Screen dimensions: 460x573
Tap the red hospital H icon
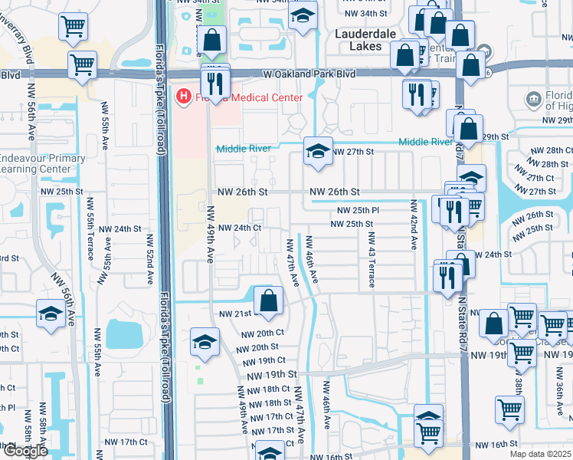point(183,97)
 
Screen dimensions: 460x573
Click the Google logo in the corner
point(25,451)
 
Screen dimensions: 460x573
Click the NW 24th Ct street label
point(241,228)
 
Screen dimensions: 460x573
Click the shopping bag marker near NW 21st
point(268,301)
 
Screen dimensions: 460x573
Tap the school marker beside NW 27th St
point(316,150)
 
